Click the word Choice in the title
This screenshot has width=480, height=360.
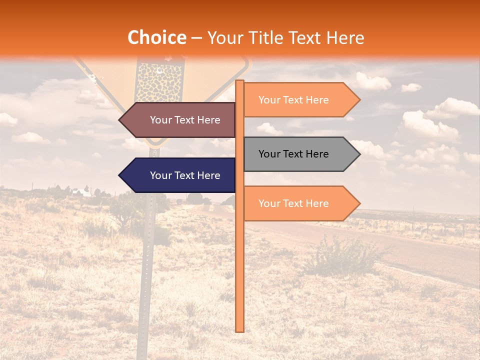click(x=156, y=38)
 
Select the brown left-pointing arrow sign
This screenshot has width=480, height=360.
click(x=180, y=120)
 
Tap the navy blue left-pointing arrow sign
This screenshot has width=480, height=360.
click(x=180, y=175)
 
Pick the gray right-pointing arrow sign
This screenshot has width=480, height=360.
click(x=300, y=154)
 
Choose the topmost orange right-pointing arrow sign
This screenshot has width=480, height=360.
click(x=300, y=100)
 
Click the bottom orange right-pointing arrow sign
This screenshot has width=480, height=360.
click(x=300, y=203)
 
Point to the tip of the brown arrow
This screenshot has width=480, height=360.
click(x=120, y=120)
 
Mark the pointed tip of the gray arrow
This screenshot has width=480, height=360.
click(x=359, y=154)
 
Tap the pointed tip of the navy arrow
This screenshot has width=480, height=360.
click(x=120, y=175)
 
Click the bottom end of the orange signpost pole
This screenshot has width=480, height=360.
click(x=239, y=330)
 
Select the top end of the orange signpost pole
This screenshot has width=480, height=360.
click(x=239, y=81)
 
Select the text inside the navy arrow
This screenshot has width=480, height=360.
click(x=185, y=175)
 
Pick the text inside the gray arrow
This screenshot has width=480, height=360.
click(x=293, y=154)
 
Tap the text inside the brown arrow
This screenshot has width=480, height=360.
click(x=185, y=120)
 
